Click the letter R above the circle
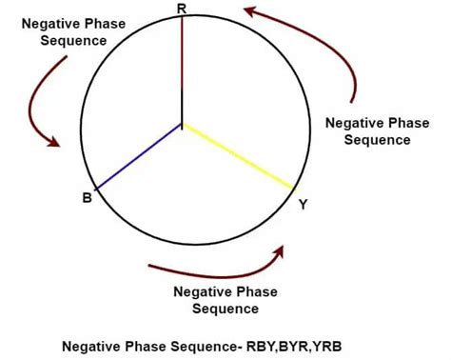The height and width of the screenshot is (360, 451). (x=182, y=8)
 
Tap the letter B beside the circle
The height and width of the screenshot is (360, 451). (x=87, y=198)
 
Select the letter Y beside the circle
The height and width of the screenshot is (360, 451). (x=303, y=203)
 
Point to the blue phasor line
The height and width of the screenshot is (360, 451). (x=138, y=156)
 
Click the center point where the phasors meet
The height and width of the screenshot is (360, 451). (x=182, y=124)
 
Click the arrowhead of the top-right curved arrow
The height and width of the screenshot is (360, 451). (x=249, y=11)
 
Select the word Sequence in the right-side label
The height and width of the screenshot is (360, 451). (x=379, y=139)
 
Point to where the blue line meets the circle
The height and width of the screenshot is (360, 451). (x=95, y=188)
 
